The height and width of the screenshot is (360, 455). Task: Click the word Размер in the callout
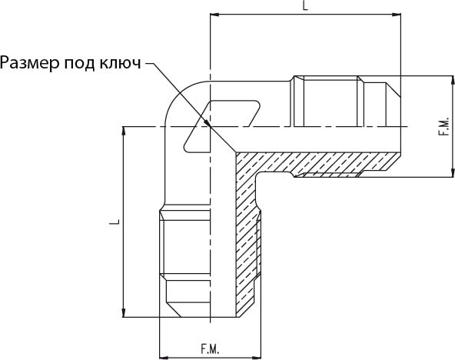30,63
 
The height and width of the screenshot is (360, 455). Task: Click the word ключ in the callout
121,63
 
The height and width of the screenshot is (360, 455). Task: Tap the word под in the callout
79,63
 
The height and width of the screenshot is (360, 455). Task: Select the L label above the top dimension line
305,6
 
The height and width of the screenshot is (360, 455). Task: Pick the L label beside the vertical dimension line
115,222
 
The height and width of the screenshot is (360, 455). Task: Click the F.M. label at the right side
444,127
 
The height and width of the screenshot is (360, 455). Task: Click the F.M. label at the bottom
210,349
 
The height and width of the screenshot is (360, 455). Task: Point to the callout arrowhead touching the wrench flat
206,122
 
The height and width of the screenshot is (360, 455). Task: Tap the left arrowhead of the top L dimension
214,14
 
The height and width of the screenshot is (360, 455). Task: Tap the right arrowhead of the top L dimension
397,14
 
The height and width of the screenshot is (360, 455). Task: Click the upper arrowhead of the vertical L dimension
125,131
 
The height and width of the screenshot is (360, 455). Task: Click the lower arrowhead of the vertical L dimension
125,312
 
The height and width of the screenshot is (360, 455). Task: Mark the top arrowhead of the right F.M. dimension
453,80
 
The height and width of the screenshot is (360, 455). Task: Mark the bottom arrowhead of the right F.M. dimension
453,172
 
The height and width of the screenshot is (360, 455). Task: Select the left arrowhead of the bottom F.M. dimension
164,357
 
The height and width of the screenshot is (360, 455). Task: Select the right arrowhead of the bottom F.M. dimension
256,357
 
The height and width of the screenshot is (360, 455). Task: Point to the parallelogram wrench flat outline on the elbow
221,126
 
